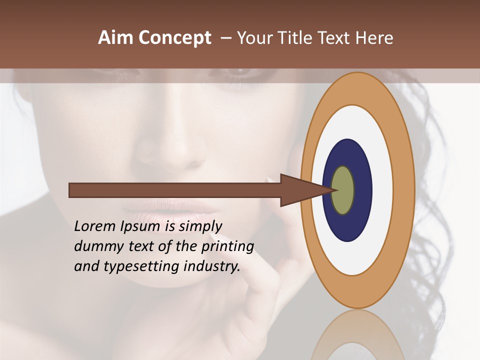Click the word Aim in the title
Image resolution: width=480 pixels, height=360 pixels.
115,38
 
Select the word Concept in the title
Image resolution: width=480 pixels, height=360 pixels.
174,38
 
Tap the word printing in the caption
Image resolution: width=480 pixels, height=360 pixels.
227,247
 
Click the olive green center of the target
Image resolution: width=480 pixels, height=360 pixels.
343,190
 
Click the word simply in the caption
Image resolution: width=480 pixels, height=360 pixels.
200,227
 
